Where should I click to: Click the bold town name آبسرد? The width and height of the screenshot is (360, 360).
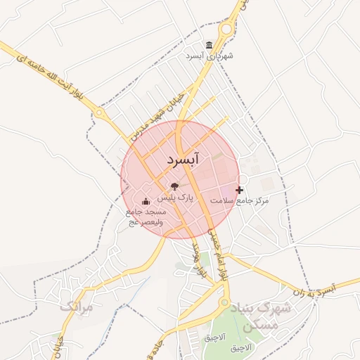tap(184, 160)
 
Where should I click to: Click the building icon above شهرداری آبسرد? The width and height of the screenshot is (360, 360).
tap(209, 45)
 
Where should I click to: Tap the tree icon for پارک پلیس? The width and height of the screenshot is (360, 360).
tap(174, 187)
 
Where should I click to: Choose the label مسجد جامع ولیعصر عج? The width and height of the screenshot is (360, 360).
tap(146, 217)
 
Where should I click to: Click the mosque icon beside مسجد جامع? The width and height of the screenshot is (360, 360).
tap(146, 202)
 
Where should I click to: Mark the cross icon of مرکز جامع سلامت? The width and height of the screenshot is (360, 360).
tap(240, 190)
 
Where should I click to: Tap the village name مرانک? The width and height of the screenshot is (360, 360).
tap(76, 307)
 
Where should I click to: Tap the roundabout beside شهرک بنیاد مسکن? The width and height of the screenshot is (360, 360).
tap(225, 304)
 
